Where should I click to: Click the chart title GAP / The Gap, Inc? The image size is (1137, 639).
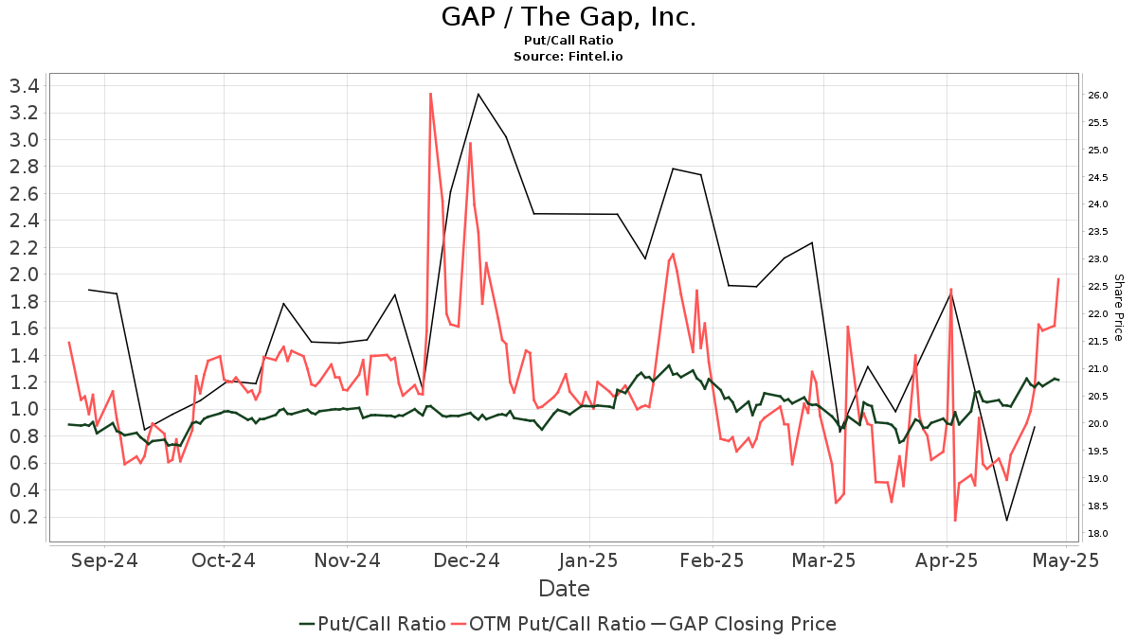(568, 17)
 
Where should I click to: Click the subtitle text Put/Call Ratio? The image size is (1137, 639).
(568, 41)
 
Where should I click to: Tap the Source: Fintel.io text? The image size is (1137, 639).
(568, 57)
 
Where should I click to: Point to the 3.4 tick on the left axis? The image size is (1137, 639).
(24, 86)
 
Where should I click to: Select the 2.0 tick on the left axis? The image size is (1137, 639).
(24, 275)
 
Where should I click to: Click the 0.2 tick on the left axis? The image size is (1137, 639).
(24, 517)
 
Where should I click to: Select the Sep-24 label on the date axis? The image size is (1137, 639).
(104, 560)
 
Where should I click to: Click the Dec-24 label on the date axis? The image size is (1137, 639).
(467, 560)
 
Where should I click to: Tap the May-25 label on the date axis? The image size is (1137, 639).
(1066, 560)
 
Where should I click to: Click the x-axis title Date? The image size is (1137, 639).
(564, 589)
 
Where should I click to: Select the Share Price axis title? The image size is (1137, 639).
(1118, 308)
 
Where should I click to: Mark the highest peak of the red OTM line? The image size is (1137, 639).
(430, 94)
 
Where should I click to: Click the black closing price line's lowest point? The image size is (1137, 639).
(1006, 520)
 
